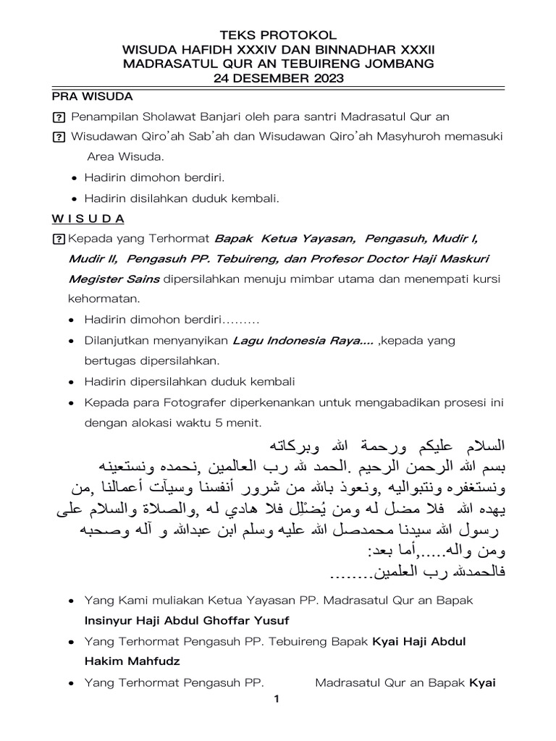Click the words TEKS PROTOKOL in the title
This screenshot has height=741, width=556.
[278, 34]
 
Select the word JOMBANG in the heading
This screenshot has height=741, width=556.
[398, 64]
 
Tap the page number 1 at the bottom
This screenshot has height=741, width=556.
[276, 699]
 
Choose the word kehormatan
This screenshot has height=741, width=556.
[99, 299]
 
